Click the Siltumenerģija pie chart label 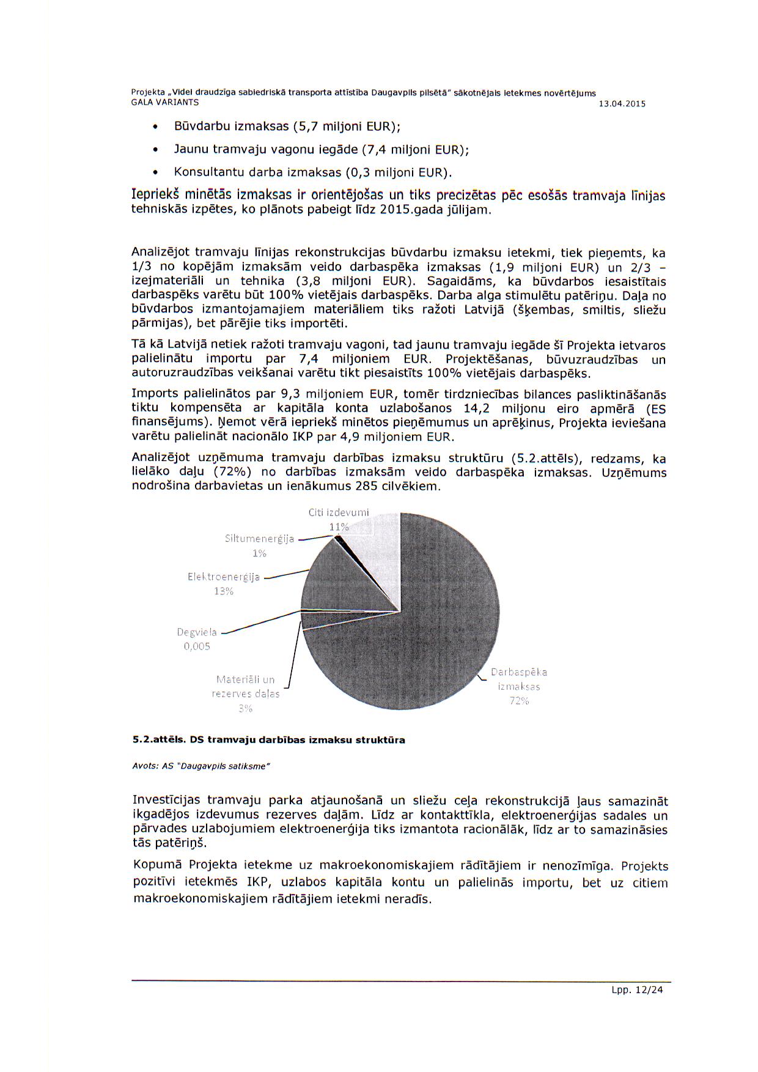click(259, 539)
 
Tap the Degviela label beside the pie click(197, 632)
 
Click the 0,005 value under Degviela click(197, 646)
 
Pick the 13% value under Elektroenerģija click(224, 591)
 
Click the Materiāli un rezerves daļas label click(246, 687)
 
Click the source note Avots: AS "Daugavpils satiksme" click(201, 766)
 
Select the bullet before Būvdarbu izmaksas click(155, 127)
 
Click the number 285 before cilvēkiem click(366, 487)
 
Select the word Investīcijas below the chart click(167, 800)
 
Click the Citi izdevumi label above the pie click(338, 512)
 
